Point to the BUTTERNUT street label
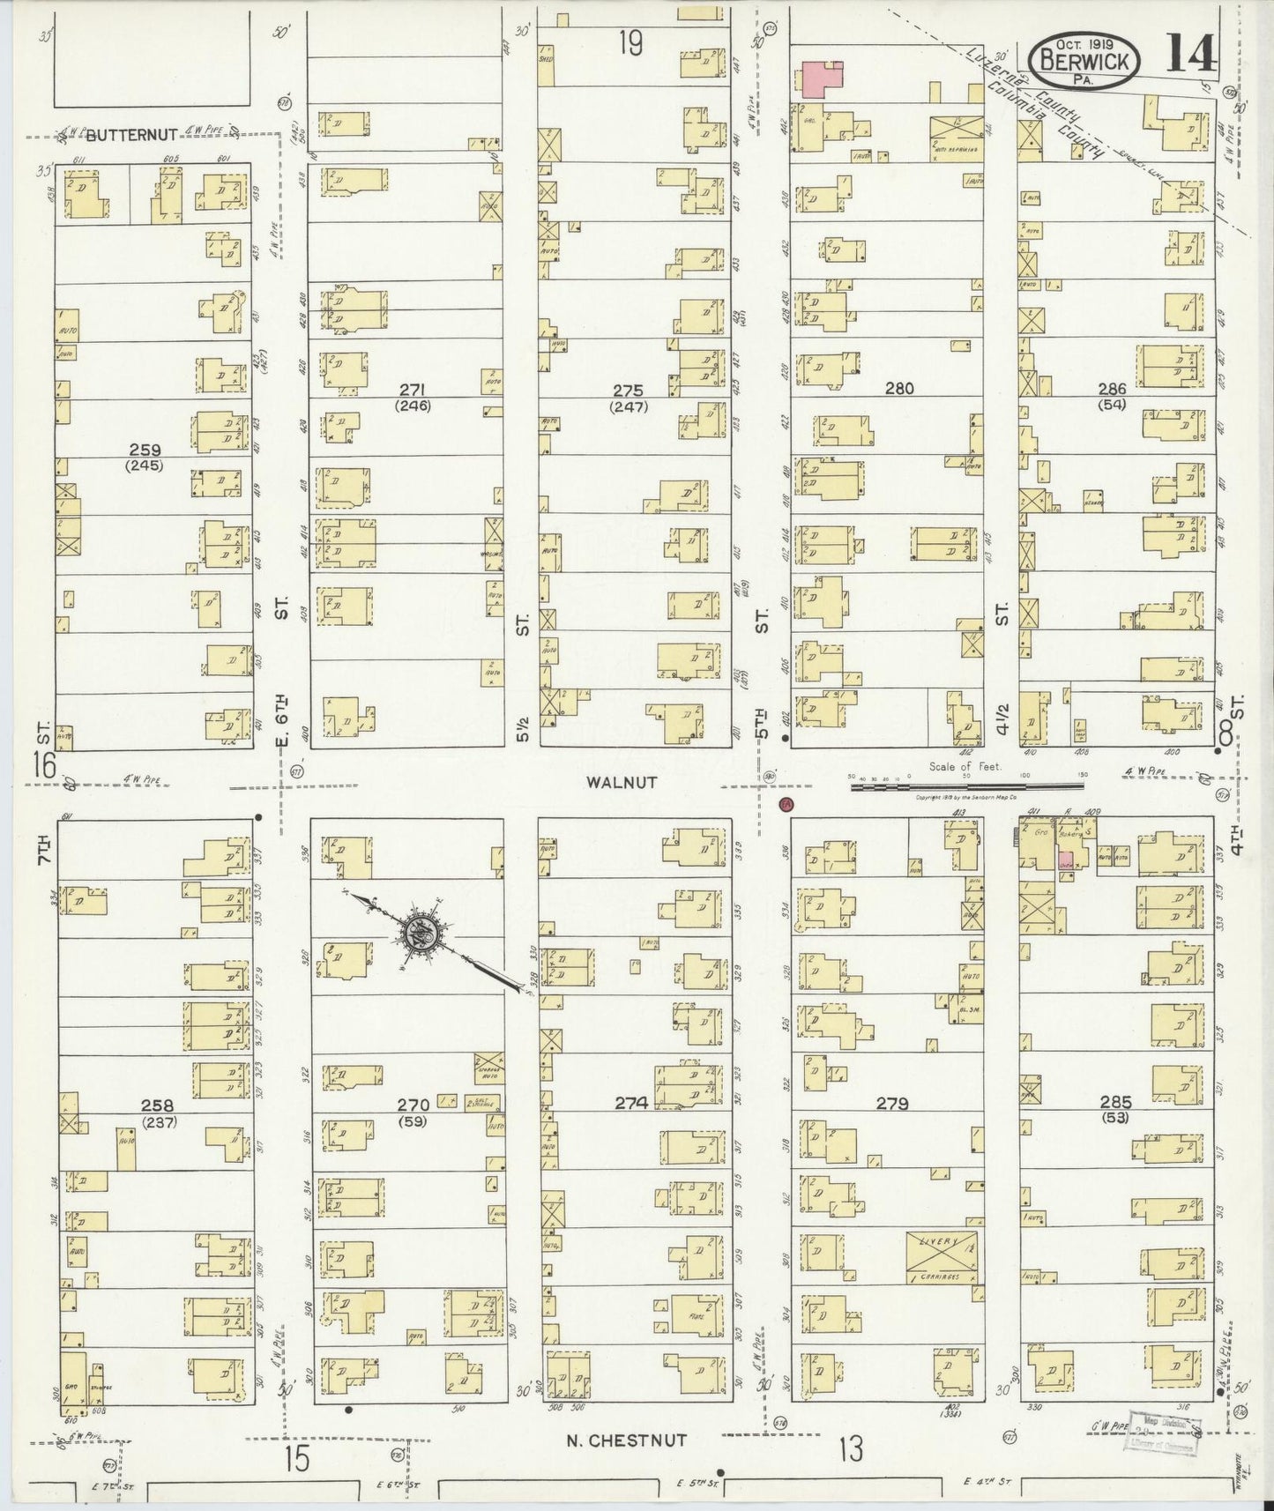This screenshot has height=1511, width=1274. point(133,134)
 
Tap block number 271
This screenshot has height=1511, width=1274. point(413,390)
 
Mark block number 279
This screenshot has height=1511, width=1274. point(892,1103)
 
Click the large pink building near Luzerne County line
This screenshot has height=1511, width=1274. point(822,79)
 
